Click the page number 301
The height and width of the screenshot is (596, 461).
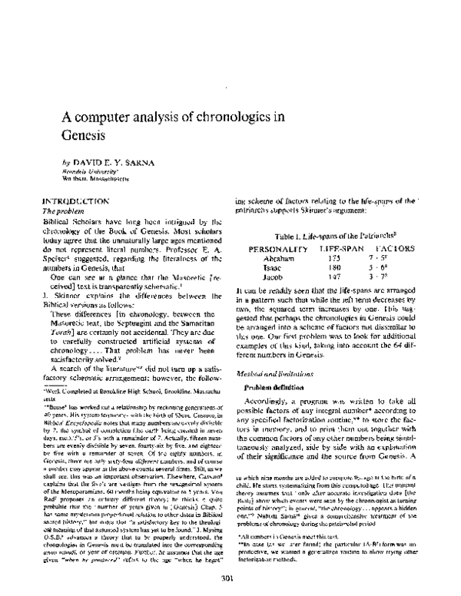pos(227,578)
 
